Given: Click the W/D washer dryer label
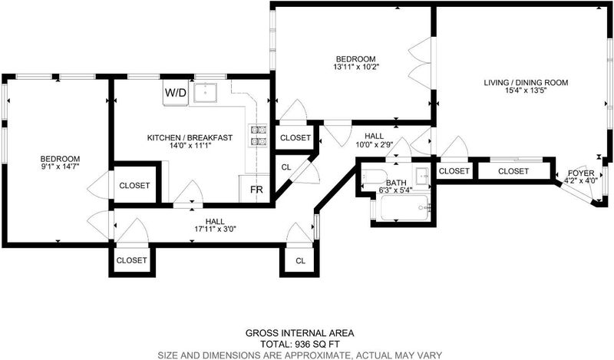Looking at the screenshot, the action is (176, 93).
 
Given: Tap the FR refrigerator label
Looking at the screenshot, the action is (256, 190).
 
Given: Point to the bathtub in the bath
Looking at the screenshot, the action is (404, 207).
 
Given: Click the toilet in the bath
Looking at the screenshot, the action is (374, 176).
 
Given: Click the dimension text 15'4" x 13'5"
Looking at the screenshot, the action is (526, 91).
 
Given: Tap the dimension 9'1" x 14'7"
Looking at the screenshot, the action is (60, 167).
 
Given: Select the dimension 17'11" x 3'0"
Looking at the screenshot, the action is (215, 230).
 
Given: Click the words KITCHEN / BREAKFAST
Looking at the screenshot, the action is (190, 138).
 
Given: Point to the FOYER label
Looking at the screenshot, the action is (581, 173).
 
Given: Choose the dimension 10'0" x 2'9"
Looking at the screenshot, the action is (374, 144).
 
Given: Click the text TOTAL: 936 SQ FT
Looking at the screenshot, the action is (300, 345).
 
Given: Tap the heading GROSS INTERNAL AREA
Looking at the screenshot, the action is (300, 333).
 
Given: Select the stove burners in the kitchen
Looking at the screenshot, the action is (258, 136).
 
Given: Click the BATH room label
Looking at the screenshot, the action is (396, 183).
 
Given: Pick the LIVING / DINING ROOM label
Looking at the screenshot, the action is (526, 83).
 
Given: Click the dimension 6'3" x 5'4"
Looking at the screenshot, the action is (396, 190).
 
